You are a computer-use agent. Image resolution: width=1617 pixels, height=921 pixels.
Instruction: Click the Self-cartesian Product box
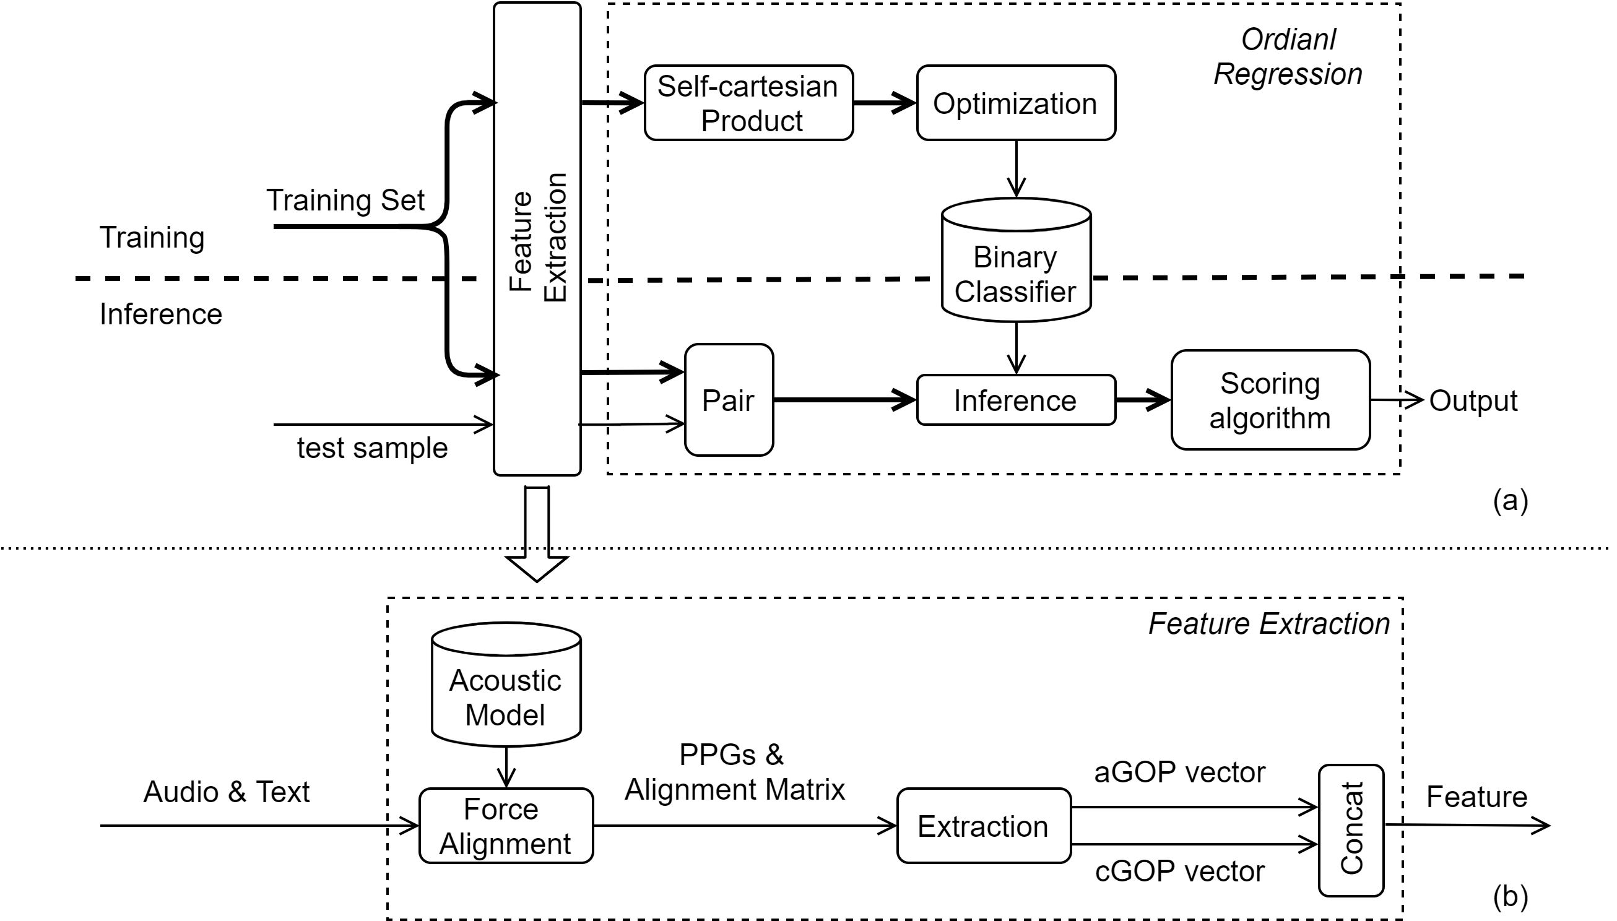(x=748, y=103)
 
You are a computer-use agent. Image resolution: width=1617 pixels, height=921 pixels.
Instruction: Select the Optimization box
(x=1016, y=103)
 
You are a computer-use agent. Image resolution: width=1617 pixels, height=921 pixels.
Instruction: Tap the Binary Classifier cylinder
(x=1016, y=260)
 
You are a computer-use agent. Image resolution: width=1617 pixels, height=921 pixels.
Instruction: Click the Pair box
(x=729, y=400)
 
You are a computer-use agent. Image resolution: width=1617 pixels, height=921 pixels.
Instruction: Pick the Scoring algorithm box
(x=1270, y=400)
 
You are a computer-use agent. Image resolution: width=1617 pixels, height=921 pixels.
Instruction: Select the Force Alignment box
(x=506, y=826)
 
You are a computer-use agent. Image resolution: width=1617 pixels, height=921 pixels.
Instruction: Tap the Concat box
(x=1351, y=830)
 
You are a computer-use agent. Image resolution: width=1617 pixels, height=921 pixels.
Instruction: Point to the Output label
(x=1473, y=400)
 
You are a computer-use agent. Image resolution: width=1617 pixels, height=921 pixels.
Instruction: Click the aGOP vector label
(x=1180, y=772)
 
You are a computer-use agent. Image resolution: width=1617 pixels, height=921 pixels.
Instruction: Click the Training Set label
(x=345, y=201)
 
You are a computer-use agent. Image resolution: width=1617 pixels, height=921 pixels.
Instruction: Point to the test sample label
(x=373, y=448)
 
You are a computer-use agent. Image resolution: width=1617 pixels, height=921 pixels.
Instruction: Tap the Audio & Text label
(x=227, y=792)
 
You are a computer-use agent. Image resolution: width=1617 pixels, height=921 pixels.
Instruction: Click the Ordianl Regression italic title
(x=1288, y=57)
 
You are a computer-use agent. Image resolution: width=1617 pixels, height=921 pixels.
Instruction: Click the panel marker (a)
(x=1511, y=500)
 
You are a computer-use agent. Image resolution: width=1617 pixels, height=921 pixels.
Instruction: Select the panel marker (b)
(x=1511, y=896)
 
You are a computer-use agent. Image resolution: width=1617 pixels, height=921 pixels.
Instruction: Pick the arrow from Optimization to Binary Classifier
(x=1016, y=169)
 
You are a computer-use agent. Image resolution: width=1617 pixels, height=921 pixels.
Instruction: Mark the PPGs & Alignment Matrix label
(x=734, y=772)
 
